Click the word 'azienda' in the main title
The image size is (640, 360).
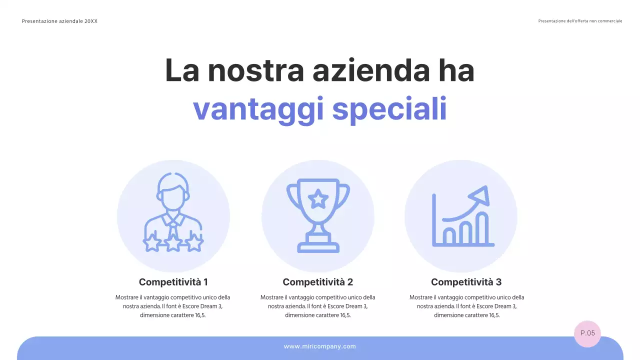370,70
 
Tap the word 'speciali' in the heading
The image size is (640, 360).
389,109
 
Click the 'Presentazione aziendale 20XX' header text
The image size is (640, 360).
59,21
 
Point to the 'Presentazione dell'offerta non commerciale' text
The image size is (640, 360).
580,21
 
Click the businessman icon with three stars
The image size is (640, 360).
173,212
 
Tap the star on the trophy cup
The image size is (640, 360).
318,199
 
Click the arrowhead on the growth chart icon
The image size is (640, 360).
481,194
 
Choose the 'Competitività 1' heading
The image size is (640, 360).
173,282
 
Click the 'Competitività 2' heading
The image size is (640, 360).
318,282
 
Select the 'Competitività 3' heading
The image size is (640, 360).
466,282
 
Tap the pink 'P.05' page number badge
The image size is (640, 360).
587,333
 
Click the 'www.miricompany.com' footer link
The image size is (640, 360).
320,346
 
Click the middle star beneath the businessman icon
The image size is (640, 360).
173,244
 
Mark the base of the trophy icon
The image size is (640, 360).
318,246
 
